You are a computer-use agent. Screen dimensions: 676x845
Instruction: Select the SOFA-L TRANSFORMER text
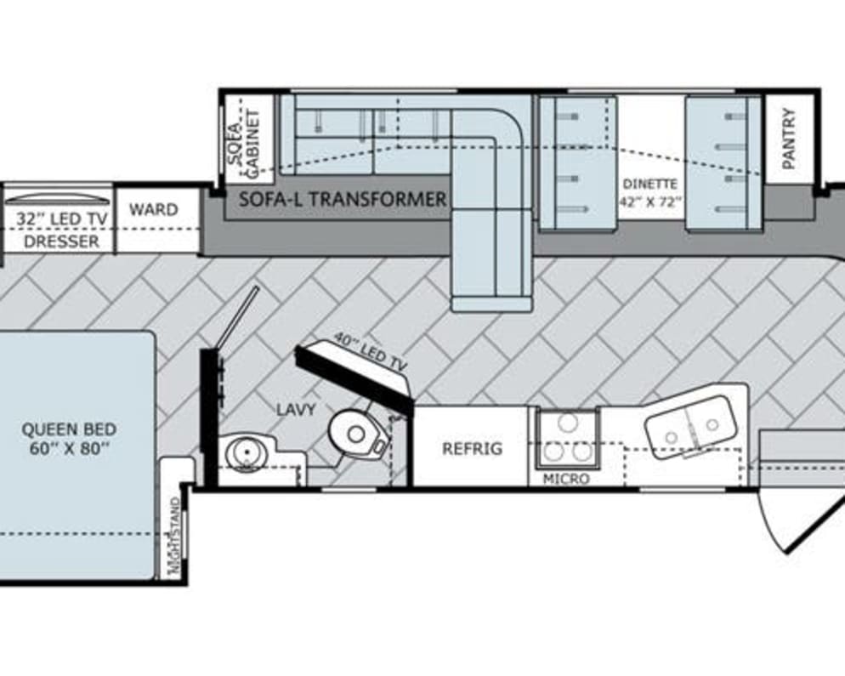(x=343, y=200)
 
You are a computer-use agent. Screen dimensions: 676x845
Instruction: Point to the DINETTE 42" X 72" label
(x=650, y=192)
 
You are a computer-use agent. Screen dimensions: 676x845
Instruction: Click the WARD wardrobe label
(x=153, y=209)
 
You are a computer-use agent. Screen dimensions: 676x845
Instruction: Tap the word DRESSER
(x=60, y=241)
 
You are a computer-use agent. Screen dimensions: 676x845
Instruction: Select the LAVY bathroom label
(x=295, y=410)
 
